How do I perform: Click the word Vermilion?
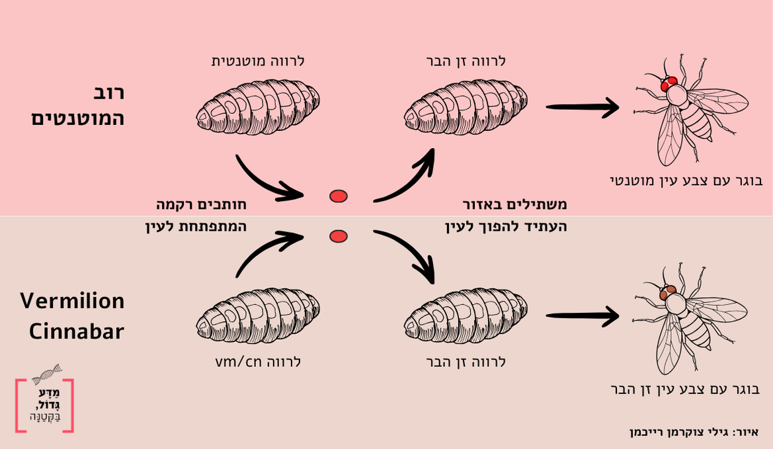(72, 301)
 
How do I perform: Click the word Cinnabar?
(77, 331)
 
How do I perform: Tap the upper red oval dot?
(339, 196)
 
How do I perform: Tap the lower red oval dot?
(339, 236)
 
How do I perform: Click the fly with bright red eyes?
(688, 109)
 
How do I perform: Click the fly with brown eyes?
(688, 317)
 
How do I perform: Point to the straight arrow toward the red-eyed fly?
(582, 106)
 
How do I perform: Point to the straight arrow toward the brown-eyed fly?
(582, 316)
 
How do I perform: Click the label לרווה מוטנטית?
(257, 61)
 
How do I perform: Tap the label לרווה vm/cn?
(259, 362)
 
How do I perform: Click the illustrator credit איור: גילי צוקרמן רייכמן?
(694, 432)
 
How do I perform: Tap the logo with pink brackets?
(44, 405)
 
